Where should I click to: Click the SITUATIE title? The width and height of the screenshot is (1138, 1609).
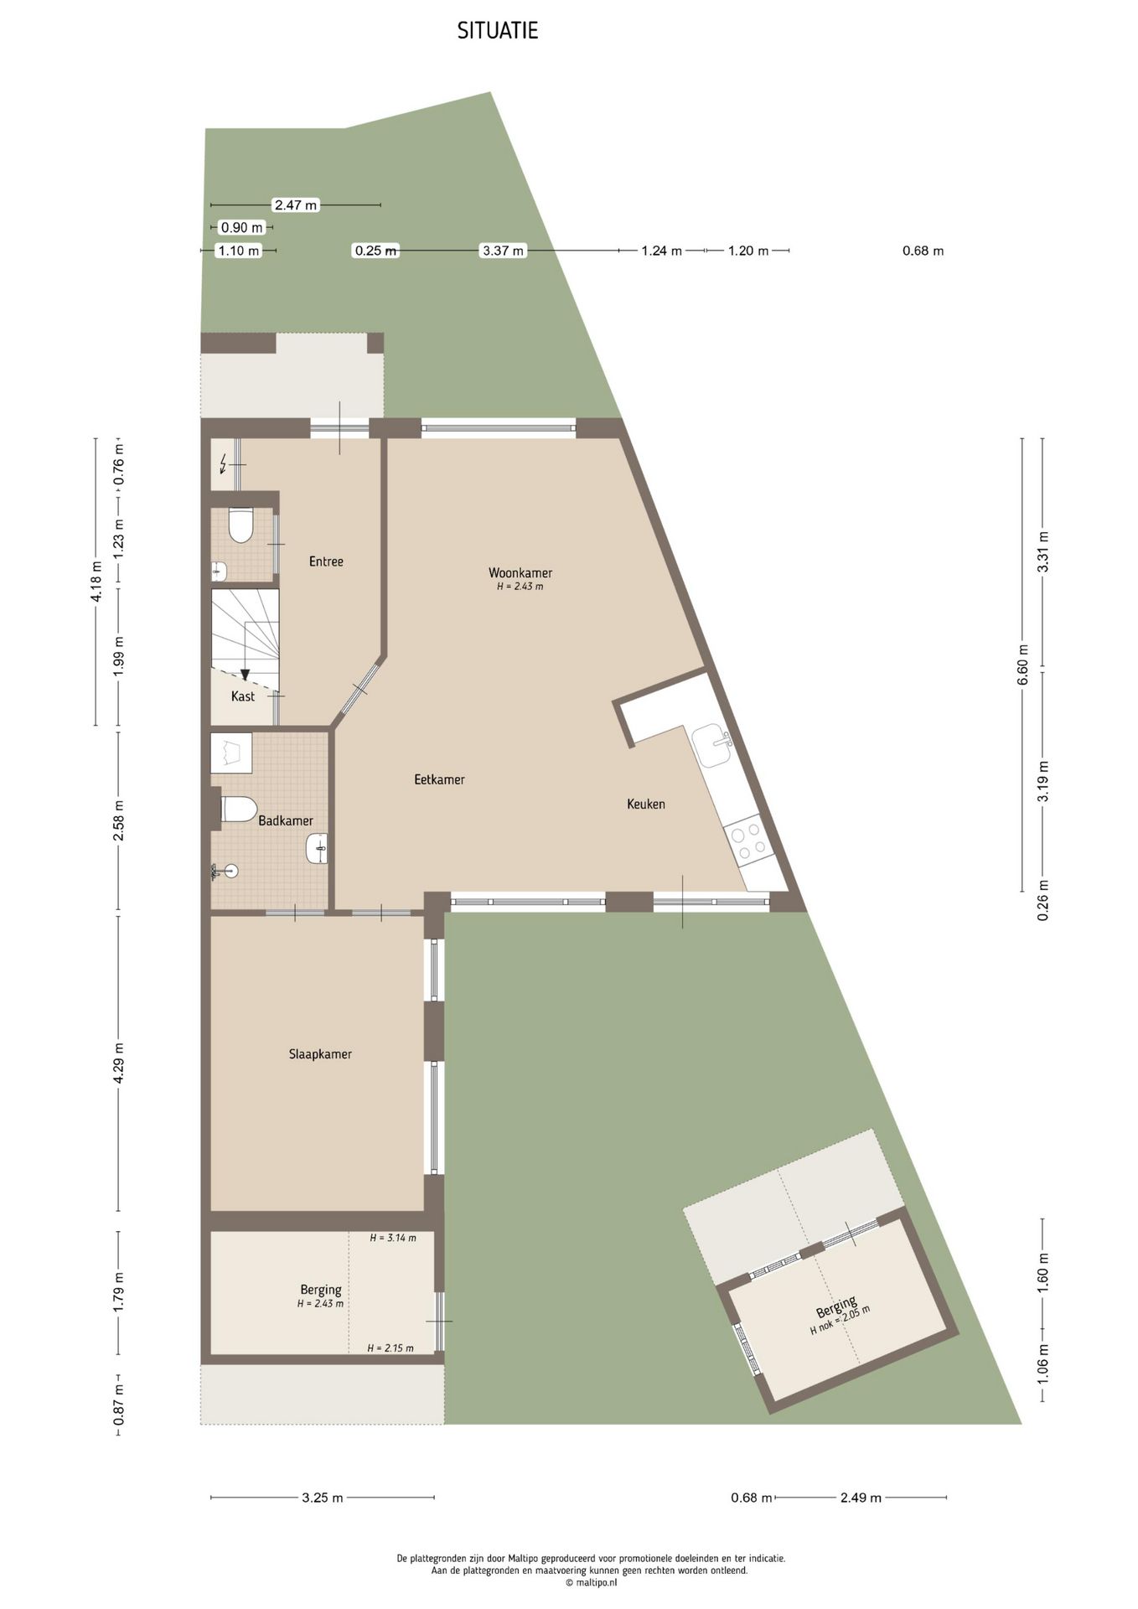point(497,31)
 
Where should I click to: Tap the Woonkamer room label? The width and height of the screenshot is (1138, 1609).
point(520,573)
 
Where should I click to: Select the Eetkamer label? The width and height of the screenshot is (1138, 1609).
point(439,779)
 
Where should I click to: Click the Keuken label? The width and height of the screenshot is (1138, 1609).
point(646,804)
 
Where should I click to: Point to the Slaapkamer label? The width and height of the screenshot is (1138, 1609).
point(320,1054)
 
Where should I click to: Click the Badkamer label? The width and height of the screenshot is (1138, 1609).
point(286,820)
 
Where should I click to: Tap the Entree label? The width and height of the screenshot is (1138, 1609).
point(326,561)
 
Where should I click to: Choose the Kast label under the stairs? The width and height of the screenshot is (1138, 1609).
point(243,696)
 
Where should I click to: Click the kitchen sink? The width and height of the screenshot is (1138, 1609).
point(711,745)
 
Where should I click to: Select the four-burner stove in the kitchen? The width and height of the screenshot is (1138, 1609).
point(747,841)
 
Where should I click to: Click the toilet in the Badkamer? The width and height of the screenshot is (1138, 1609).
point(238,810)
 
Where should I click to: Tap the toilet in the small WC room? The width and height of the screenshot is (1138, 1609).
point(241,525)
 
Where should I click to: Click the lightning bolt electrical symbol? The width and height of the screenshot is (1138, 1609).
point(223,463)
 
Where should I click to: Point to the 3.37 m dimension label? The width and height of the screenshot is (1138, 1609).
point(503,251)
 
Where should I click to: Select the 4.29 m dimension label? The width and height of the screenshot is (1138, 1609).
point(119,1063)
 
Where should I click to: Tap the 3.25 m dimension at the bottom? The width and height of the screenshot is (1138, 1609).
point(323,1498)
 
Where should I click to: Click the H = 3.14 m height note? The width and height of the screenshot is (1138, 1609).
point(393,1237)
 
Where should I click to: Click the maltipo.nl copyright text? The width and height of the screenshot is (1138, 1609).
point(591,1582)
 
